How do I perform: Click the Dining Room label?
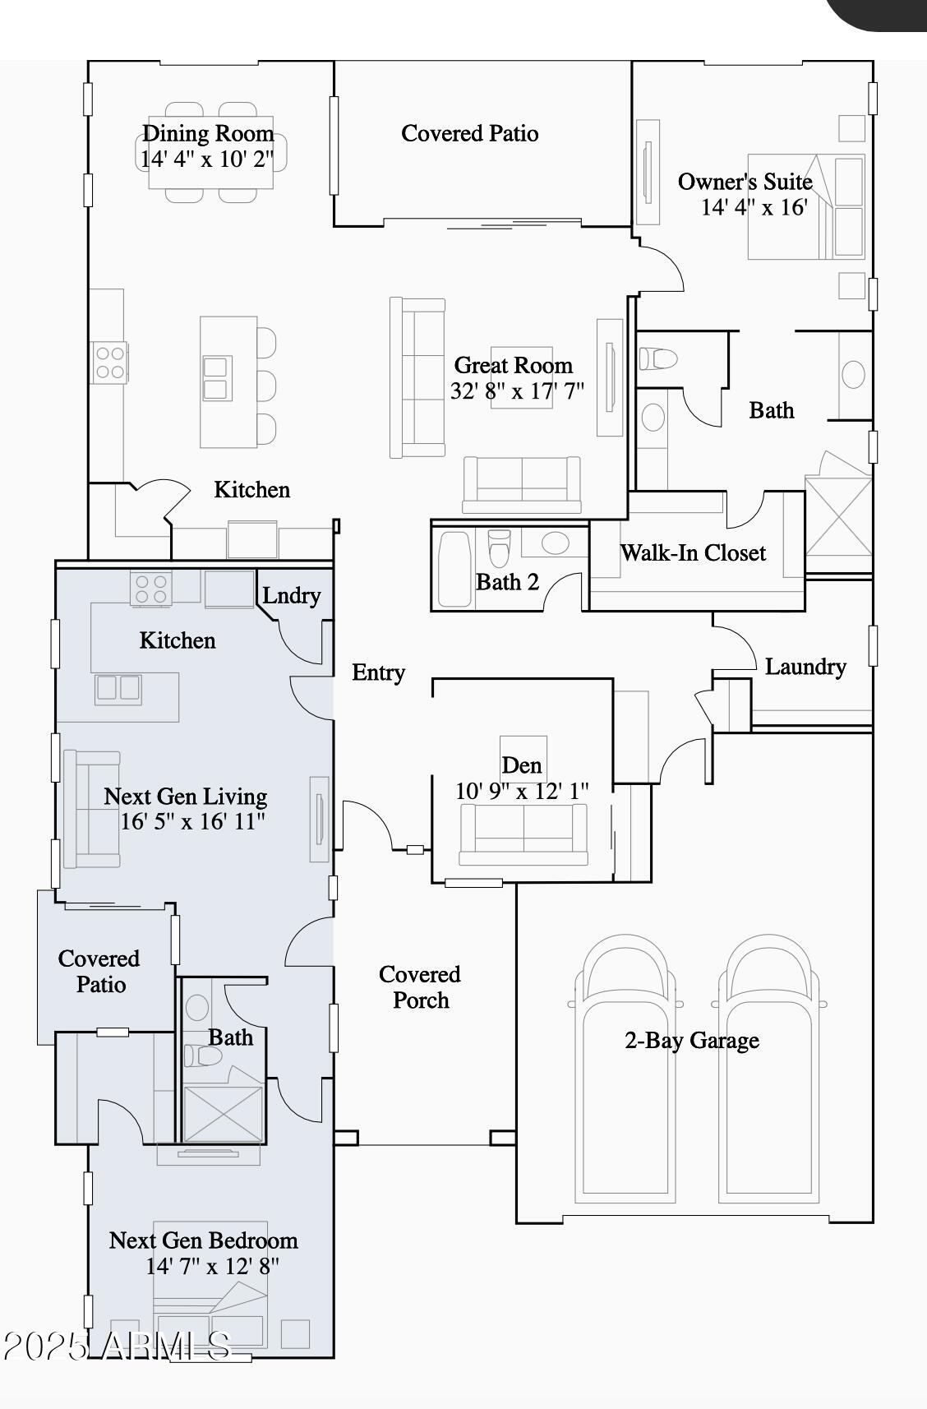[208, 133]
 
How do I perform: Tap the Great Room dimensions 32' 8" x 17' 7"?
[517, 391]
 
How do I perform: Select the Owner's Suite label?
[745, 182]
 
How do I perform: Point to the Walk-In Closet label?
[693, 553]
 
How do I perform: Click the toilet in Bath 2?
[500, 547]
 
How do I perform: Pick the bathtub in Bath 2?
[454, 570]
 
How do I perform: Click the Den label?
[521, 765]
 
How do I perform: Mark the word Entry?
[378, 672]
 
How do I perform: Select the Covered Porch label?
[420, 987]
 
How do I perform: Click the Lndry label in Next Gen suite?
[291, 595]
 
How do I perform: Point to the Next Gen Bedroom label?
[203, 1240]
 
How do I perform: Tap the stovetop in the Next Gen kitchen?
[151, 589]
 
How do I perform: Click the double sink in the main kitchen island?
[217, 378]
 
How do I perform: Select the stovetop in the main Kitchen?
[109, 363]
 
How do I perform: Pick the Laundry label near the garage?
[805, 667]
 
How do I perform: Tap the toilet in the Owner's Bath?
[657, 360]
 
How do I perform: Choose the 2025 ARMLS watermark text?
[117, 1347]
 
